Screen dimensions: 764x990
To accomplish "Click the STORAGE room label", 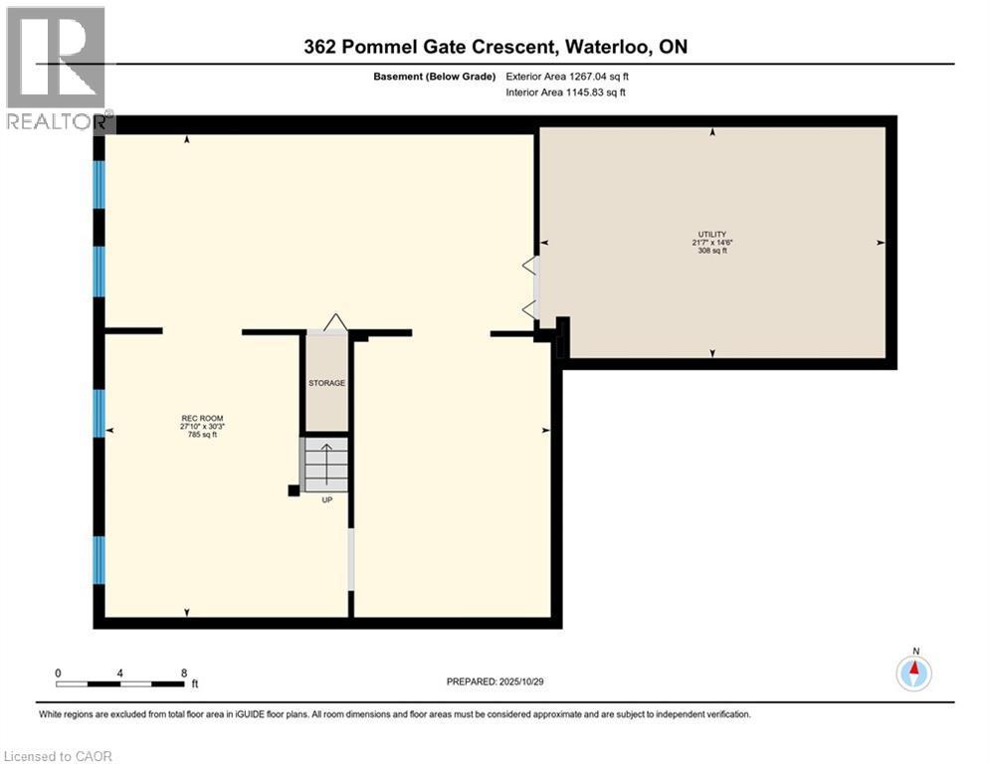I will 326,383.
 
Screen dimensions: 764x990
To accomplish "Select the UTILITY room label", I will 712,234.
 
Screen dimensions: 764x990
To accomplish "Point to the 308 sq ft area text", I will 712,251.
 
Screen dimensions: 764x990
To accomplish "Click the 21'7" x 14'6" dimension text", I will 712,242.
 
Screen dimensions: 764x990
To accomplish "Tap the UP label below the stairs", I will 326,499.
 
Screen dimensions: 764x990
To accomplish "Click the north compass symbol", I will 913,672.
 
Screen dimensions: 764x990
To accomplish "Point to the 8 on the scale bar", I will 184,672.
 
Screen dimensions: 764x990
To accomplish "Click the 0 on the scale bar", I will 59,672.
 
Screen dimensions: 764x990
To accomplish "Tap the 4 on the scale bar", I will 120,672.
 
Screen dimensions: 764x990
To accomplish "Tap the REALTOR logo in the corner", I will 56,68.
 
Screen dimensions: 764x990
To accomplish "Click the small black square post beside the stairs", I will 294,490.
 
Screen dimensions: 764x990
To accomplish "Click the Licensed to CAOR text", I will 59,756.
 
